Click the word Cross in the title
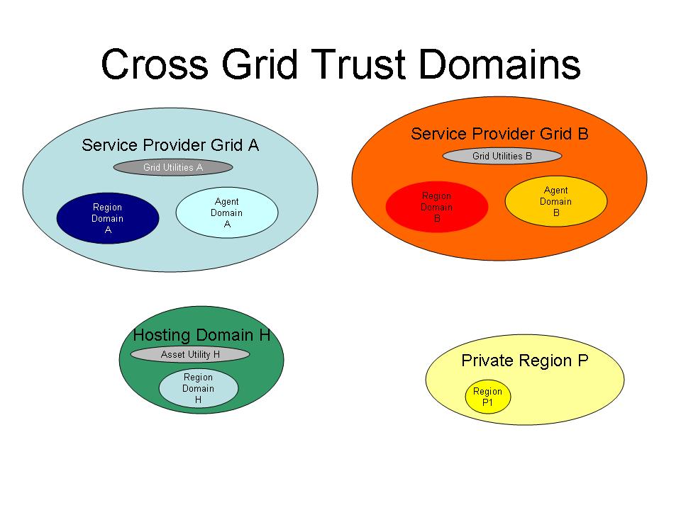click(155, 64)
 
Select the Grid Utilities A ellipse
click(173, 167)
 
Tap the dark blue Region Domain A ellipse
click(108, 218)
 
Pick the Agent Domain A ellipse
click(227, 212)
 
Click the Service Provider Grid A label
click(170, 144)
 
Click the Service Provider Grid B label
click(499, 134)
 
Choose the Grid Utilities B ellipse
click(502, 156)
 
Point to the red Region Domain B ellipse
click(437, 207)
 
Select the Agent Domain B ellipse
click(556, 201)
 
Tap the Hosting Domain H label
click(201, 335)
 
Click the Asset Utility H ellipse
click(190, 354)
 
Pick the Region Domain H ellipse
click(199, 388)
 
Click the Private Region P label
click(525, 361)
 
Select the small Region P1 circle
click(488, 397)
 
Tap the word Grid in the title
click(260, 64)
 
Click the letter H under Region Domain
click(198, 399)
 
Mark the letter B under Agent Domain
click(556, 213)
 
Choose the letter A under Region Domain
click(108, 229)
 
